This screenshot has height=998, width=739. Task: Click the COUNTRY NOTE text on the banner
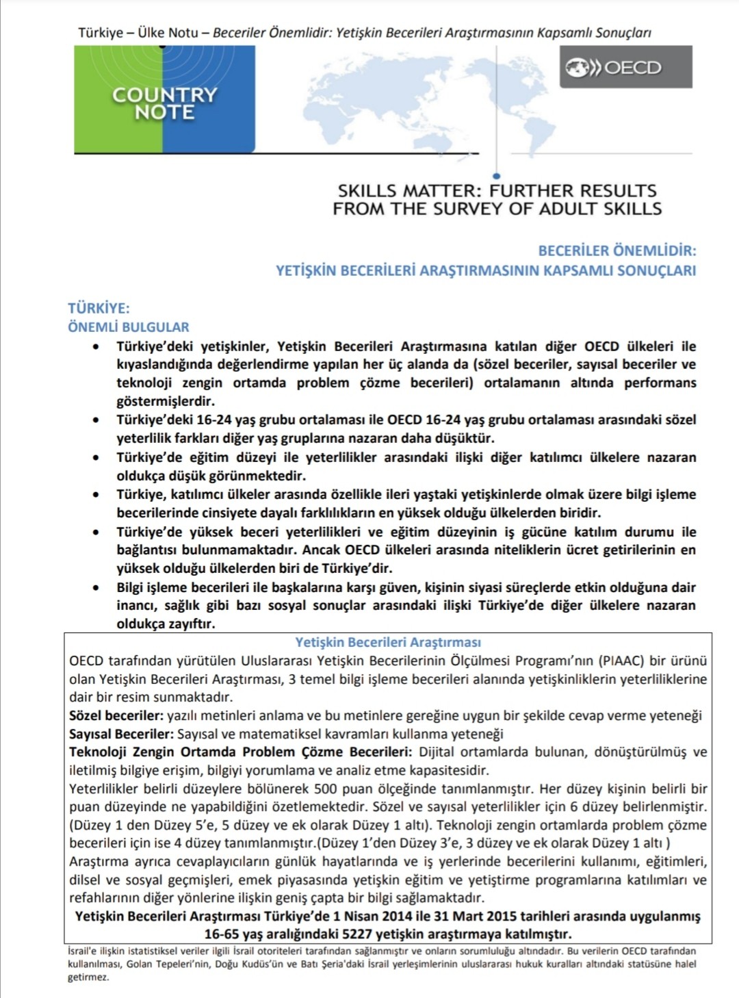pyautogui.click(x=165, y=103)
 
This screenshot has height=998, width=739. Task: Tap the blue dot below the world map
pyautogui.click(x=496, y=177)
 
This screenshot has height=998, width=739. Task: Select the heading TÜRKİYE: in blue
pyautogui.click(x=99, y=308)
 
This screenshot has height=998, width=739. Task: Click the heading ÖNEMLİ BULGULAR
pyautogui.click(x=129, y=327)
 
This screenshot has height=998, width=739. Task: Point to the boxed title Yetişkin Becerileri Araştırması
pyautogui.click(x=388, y=642)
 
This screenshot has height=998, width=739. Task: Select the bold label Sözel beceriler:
pyautogui.click(x=116, y=715)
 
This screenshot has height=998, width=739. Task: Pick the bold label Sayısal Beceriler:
pyautogui.click(x=121, y=734)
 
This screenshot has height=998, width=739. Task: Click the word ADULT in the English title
pyautogui.click(x=569, y=209)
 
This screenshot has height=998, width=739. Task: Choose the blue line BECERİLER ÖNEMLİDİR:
pyautogui.click(x=617, y=251)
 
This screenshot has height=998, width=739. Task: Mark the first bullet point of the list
pyautogui.click(x=96, y=347)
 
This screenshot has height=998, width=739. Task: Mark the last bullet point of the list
pyautogui.click(x=96, y=587)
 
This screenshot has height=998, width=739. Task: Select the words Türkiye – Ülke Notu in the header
pyautogui.click(x=138, y=33)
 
